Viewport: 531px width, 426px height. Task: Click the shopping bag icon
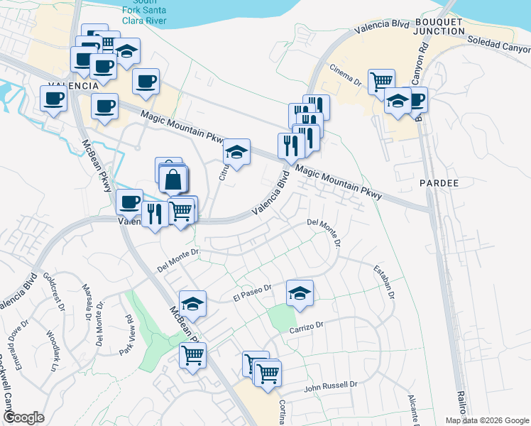coord(173,180)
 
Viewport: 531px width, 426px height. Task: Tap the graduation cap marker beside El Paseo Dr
coord(300,293)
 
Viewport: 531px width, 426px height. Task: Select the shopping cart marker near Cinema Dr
coord(382,80)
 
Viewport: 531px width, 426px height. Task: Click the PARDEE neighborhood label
coord(439,183)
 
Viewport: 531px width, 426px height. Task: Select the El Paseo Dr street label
coord(253,293)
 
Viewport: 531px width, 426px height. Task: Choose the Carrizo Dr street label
coord(306,327)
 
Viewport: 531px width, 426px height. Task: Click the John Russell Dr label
coord(331,386)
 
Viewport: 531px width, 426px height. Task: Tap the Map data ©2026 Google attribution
coord(487,420)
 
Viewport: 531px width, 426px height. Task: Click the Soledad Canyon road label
coord(498,46)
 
